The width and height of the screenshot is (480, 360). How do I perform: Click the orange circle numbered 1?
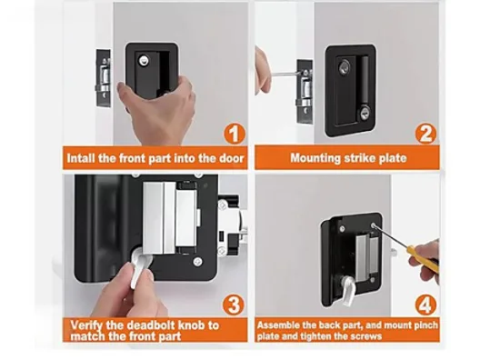pyautogui.click(x=235, y=134)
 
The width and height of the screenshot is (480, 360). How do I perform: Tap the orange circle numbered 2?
pyautogui.click(x=425, y=134)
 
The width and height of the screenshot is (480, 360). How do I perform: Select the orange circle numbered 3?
pyautogui.click(x=234, y=305)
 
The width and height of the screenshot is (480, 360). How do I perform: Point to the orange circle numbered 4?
pyautogui.click(x=425, y=305)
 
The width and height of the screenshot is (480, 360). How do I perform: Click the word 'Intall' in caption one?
pyautogui.click(x=80, y=158)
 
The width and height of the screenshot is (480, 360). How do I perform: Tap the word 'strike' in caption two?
pyautogui.click(x=360, y=158)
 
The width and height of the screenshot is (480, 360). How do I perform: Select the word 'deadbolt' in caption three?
pyautogui.click(x=151, y=325)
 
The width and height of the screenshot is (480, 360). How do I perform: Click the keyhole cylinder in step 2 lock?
pyautogui.click(x=364, y=113)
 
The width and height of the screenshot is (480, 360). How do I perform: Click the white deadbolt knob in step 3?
pyautogui.click(x=139, y=270)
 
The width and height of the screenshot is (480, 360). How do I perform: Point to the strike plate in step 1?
pyautogui.click(x=104, y=78)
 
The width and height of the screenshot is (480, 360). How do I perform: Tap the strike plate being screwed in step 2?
pyautogui.click(x=305, y=92)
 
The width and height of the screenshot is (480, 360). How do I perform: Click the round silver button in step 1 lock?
pyautogui.click(x=144, y=60)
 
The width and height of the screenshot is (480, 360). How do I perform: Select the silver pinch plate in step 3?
pyautogui.click(x=170, y=218)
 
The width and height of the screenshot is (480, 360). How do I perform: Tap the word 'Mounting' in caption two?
pyautogui.click(x=315, y=158)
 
